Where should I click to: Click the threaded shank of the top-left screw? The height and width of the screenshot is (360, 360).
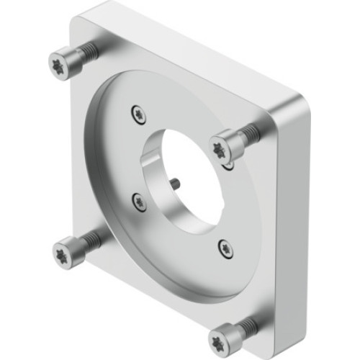click(x=86, y=51)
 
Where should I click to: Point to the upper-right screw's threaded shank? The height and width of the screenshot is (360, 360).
click(x=248, y=132)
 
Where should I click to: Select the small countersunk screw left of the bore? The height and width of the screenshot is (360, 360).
click(x=138, y=202)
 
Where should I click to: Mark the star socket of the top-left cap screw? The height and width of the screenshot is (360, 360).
click(x=59, y=67)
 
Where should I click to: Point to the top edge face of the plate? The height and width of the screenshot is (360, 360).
click(x=194, y=43)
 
